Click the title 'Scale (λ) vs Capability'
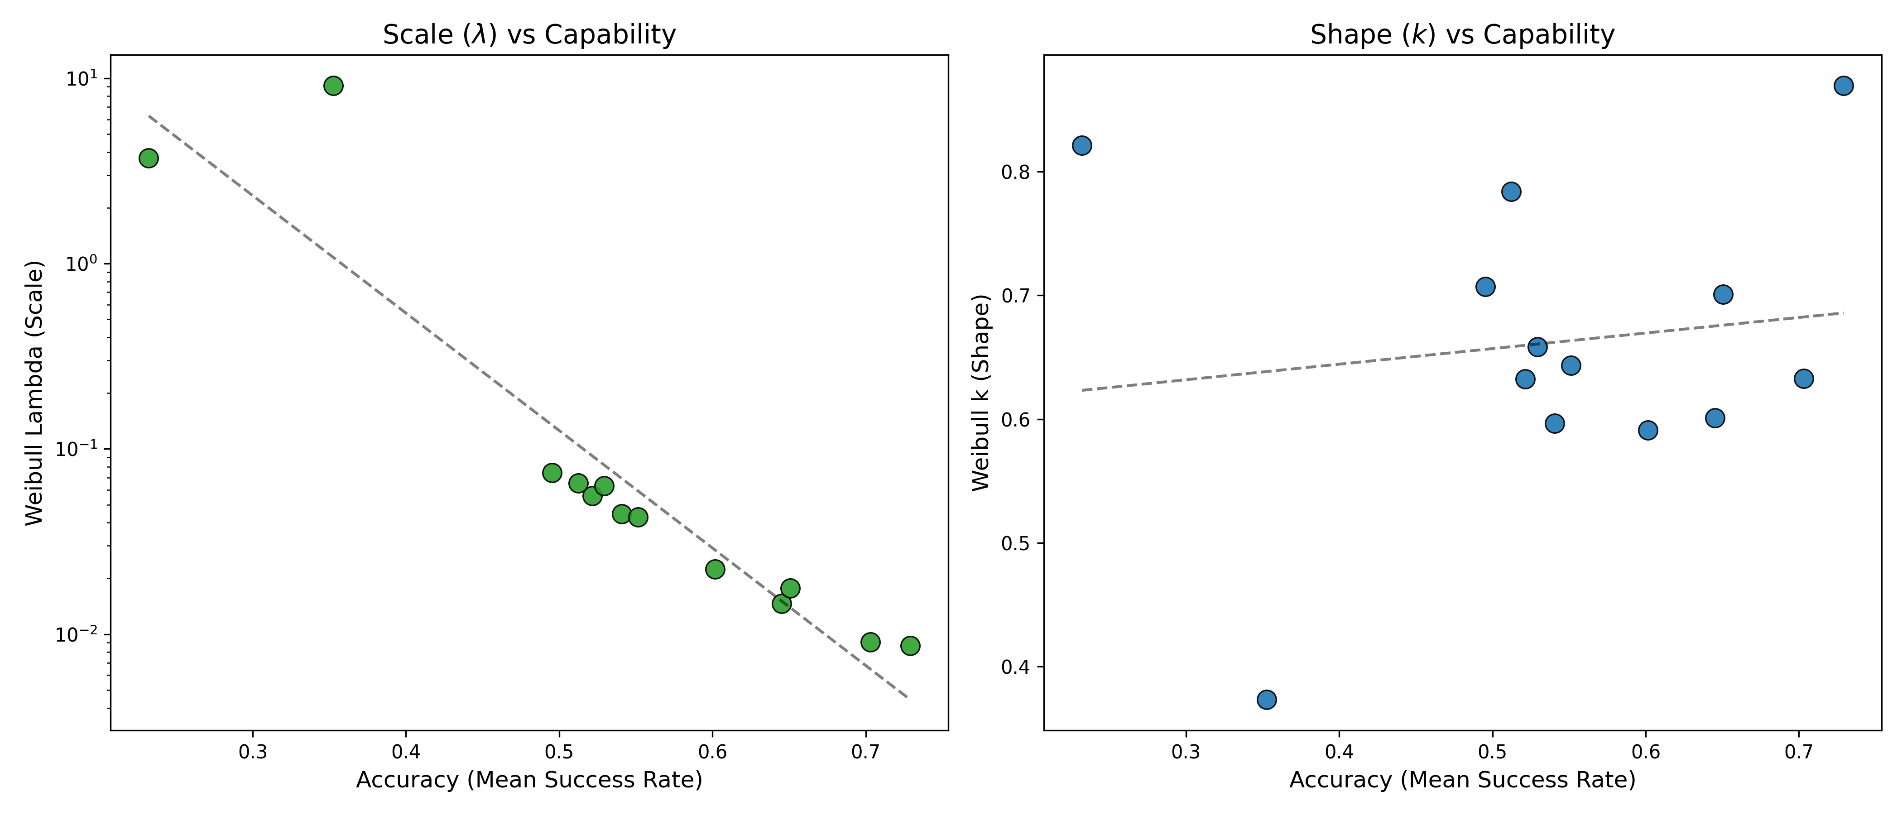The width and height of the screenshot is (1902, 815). click(528, 35)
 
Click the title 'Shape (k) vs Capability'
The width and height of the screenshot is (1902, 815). click(1462, 35)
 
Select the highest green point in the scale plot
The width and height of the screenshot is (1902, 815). click(334, 86)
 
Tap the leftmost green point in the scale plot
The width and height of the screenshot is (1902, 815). click(149, 158)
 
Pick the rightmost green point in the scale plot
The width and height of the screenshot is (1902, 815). click(910, 646)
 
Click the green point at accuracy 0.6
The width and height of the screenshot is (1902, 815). click(715, 569)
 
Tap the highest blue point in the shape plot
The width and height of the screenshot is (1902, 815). click(1844, 86)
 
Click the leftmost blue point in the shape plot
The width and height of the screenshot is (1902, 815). click(1082, 145)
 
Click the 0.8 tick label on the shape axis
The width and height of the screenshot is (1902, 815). click(1014, 173)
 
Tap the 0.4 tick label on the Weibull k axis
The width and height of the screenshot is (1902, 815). click(1014, 667)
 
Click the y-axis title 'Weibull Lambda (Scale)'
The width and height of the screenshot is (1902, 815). click(35, 393)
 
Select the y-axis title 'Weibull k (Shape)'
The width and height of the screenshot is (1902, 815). click(980, 393)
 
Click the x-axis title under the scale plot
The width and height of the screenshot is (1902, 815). click(528, 780)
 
